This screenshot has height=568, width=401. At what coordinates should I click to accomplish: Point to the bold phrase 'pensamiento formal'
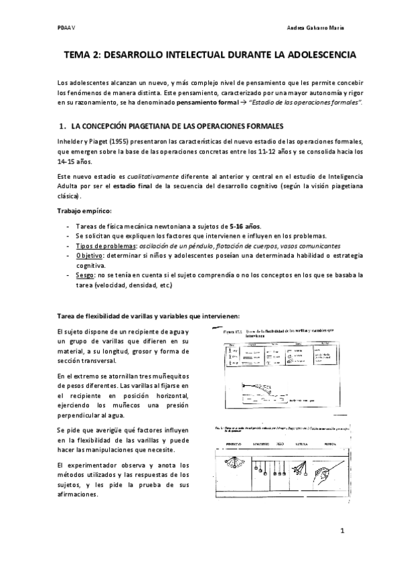coord(205,102)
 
